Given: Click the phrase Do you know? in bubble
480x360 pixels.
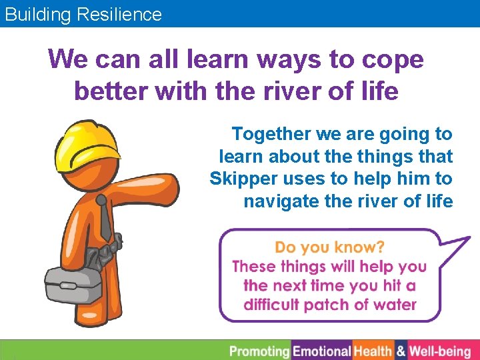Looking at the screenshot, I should [329, 247].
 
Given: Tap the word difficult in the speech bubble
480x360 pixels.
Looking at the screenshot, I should [271, 305].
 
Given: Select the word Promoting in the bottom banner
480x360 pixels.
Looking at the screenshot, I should [260, 351].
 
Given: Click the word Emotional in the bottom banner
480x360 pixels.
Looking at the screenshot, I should [322, 351].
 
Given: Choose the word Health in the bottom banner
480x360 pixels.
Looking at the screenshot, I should [373, 351].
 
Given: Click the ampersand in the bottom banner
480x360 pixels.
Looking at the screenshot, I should [401, 351].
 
